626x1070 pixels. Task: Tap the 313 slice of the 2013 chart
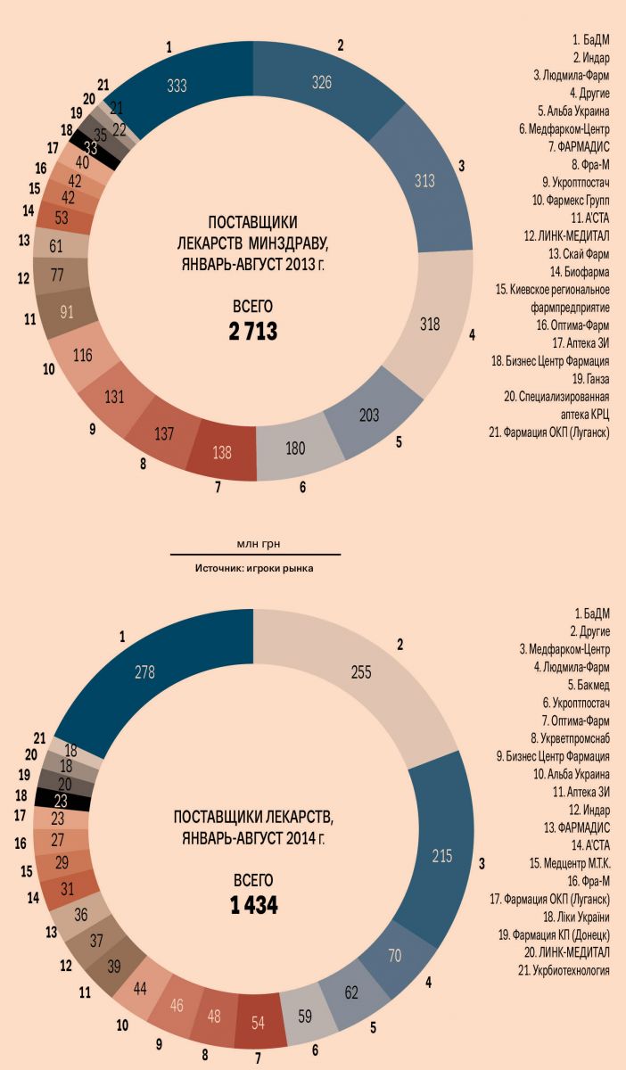[x=424, y=181]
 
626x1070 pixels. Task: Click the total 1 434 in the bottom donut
[x=253, y=906]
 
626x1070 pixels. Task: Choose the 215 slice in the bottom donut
[x=442, y=857]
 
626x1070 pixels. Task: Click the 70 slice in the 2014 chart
[x=395, y=956]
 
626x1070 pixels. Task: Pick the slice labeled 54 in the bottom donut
[x=259, y=1018]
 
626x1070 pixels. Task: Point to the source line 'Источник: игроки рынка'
[x=255, y=567]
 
